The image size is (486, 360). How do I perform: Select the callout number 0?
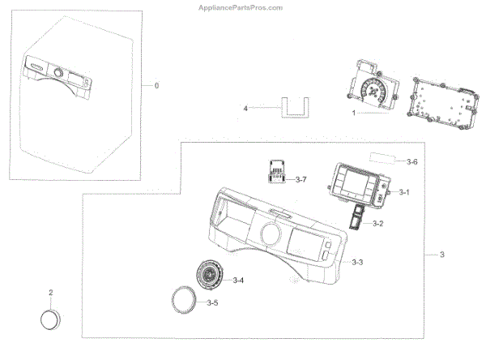[x=157, y=85]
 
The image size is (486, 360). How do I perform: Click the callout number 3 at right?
[x=442, y=255]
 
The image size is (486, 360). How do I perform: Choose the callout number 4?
[x=245, y=108]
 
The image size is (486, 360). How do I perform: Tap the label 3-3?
[x=357, y=263]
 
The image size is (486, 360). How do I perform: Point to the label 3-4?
[x=238, y=281]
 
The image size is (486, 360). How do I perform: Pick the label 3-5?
[x=212, y=302]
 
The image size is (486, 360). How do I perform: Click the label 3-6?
[x=412, y=162]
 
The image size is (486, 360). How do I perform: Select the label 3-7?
[x=301, y=178]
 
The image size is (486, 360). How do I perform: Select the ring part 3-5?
[x=185, y=302]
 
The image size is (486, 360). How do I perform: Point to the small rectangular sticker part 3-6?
[x=385, y=159]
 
